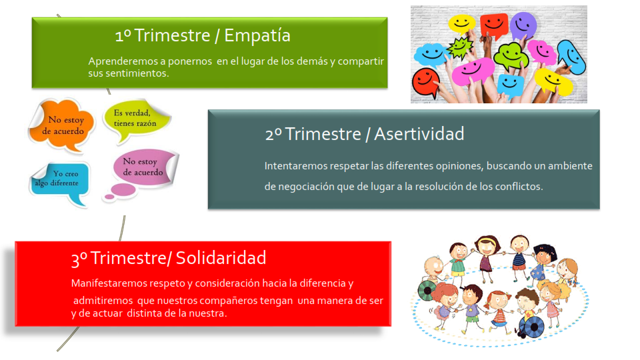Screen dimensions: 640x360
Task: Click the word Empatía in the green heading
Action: point(257,35)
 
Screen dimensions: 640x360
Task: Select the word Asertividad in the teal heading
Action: point(419,134)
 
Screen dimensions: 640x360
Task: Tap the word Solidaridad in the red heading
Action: point(221,257)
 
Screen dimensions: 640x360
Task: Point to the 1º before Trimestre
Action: point(123,35)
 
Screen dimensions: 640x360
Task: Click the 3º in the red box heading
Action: point(79,259)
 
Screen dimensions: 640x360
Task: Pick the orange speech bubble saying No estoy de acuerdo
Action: point(62,125)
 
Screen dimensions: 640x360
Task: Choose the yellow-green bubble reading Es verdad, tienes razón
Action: point(136,119)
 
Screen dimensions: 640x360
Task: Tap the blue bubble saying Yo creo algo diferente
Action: point(61,183)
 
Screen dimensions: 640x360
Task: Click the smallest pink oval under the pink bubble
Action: point(109,197)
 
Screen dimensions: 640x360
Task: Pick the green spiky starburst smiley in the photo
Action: point(460,47)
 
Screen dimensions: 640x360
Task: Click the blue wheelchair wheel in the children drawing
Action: point(531,327)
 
